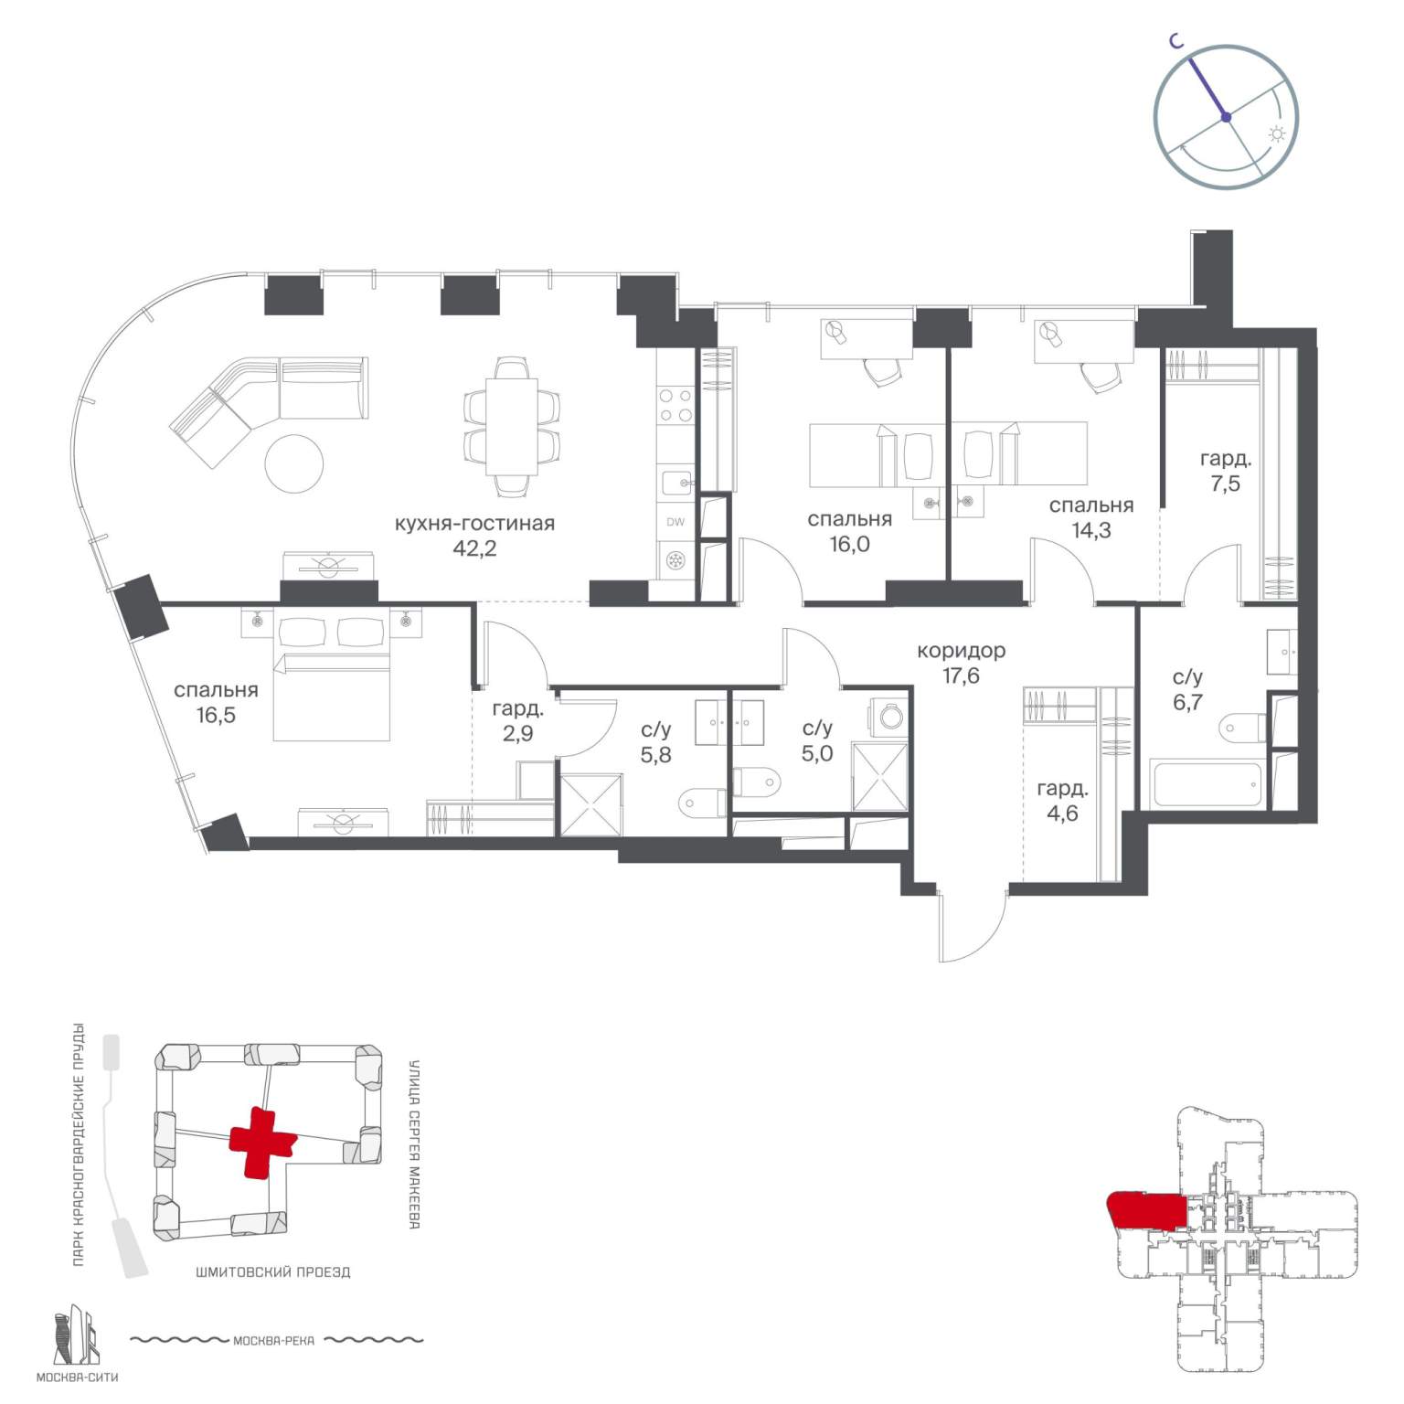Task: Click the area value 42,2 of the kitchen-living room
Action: tap(475, 548)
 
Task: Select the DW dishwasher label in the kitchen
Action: tap(675, 523)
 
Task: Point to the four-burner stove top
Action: tap(675, 406)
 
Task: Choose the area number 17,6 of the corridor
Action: tap(961, 675)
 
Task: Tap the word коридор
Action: tap(962, 651)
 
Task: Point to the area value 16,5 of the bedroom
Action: tap(216, 715)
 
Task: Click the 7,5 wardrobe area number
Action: tap(1225, 484)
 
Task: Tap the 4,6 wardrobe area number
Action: tap(1061, 813)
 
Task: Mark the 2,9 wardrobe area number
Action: tap(517, 733)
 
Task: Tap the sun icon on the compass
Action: tap(1277, 134)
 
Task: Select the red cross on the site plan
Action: tap(262, 1142)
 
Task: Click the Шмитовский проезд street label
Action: tap(272, 1271)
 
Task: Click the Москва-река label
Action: tap(273, 1341)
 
